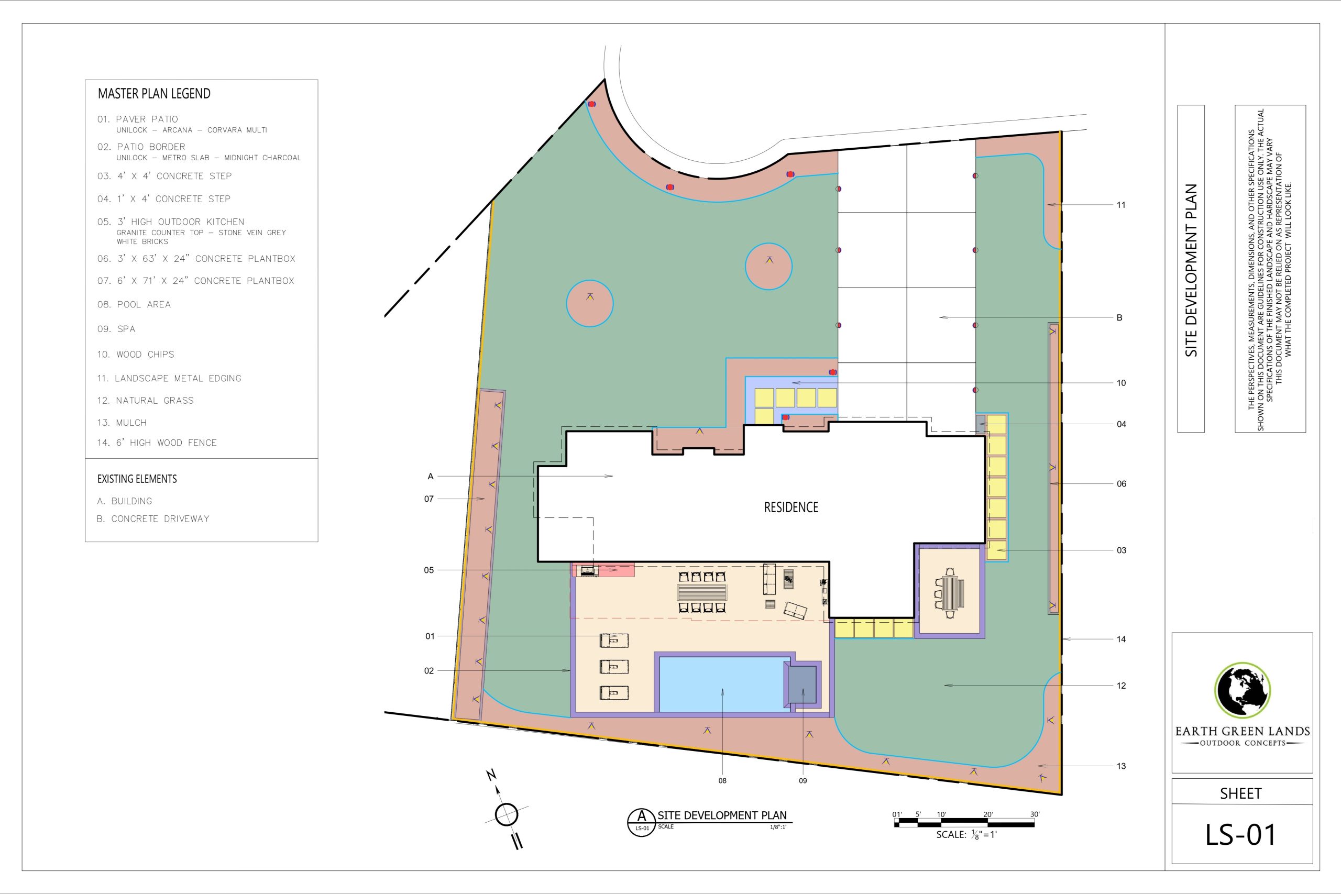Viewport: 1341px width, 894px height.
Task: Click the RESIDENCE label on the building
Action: point(791,507)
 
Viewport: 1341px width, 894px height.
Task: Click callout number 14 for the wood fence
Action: point(1121,639)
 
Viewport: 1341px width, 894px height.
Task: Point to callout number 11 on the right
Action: point(1121,205)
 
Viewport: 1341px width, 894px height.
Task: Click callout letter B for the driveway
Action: point(1119,317)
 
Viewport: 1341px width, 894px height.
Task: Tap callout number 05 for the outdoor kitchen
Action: point(429,570)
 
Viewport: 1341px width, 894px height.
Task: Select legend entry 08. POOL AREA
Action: point(134,304)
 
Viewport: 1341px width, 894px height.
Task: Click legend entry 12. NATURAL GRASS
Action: point(146,401)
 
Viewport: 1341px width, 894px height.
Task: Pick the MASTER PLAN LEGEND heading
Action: point(154,94)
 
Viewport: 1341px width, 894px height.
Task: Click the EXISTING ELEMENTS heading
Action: point(137,479)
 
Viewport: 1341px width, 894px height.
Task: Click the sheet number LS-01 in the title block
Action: point(1240,834)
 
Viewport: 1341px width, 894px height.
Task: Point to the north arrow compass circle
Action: point(507,814)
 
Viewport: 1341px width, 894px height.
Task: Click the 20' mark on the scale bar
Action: point(988,814)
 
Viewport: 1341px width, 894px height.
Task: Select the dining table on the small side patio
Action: point(952,593)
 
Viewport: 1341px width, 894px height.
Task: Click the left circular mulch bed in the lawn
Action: point(589,303)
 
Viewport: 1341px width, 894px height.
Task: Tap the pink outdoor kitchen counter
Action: point(603,570)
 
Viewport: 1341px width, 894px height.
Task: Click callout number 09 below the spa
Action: point(803,780)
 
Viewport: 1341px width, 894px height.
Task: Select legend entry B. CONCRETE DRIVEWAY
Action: point(153,519)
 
